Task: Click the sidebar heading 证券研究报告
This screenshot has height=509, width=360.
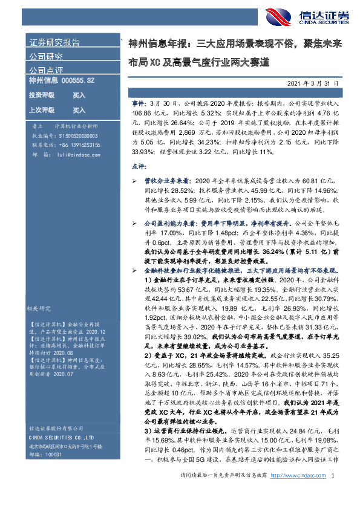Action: tap(54, 42)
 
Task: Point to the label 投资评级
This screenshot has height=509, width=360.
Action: tap(42, 96)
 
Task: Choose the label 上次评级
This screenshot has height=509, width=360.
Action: tap(42, 111)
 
